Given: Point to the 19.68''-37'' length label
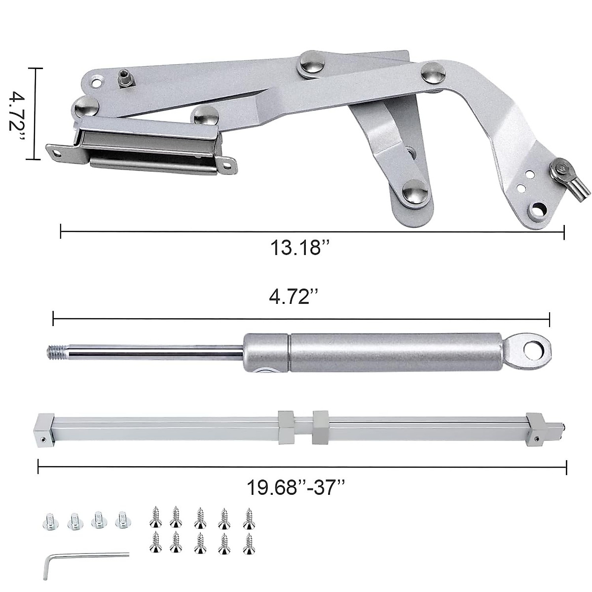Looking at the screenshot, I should click(296, 488).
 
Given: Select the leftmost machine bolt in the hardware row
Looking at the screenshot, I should click(49, 521).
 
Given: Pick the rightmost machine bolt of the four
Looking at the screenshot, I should click(121, 520).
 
